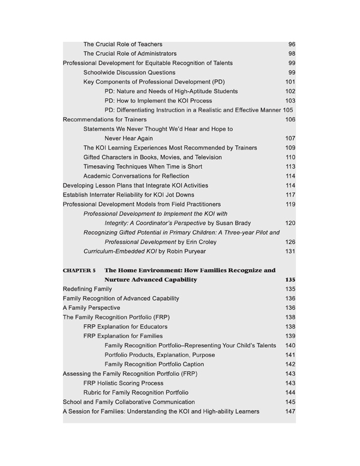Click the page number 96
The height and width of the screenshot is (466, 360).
coord(292,44)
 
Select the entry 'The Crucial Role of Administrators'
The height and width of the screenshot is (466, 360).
coord(130,53)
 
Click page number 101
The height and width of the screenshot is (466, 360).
coord(290,82)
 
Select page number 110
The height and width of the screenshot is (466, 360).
coord(290,157)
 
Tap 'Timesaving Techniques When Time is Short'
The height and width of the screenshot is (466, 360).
coord(143,166)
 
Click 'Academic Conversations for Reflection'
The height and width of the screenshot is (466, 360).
coord(136,176)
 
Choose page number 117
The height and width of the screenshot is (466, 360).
coord(290,195)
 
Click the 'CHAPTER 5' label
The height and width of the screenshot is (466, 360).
coord(79,270)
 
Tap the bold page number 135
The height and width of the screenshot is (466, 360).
coord(290,280)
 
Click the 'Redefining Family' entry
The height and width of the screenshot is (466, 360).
coord(87,289)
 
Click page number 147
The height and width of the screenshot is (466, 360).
coord(290,411)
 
